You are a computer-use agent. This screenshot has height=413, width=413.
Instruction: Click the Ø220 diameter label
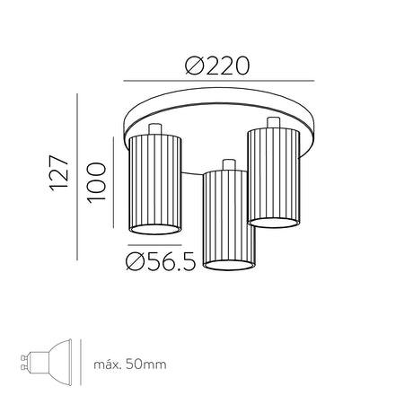pos(217,66)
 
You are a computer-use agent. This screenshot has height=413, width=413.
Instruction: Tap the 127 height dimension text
pos(59,172)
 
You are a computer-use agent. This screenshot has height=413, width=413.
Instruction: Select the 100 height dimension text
pos(97,182)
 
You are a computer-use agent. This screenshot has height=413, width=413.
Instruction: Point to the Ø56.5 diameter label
pos(161,261)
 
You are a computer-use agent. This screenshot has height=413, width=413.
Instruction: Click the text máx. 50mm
pos(130,365)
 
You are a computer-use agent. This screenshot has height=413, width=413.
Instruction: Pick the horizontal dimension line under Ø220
pos(219,81)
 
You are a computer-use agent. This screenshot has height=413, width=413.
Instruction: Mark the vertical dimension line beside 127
pos(77,177)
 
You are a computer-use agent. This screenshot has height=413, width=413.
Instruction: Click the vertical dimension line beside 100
pos(113,182)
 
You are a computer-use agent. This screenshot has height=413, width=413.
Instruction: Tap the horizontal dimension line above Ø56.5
pos(154,245)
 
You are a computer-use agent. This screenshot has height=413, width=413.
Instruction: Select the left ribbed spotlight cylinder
pos(155,185)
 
